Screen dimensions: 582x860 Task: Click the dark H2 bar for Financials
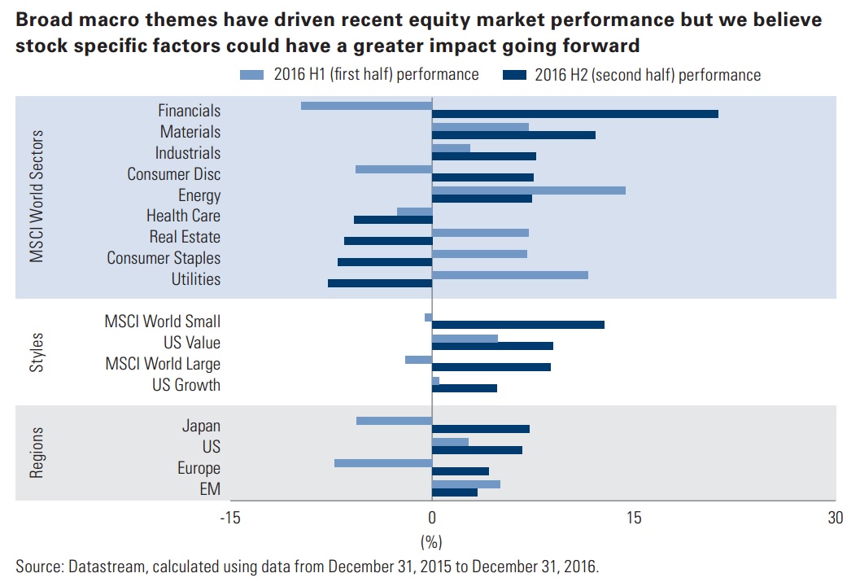pyautogui.click(x=574, y=114)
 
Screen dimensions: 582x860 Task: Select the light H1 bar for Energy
pyautogui.click(x=529, y=190)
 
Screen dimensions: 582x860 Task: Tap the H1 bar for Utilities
pyautogui.click(x=509, y=274)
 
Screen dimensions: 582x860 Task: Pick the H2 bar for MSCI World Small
pyautogui.click(x=517, y=325)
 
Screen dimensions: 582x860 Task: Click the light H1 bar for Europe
pyautogui.click(x=382, y=463)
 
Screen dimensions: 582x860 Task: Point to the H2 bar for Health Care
pyautogui.click(x=392, y=220)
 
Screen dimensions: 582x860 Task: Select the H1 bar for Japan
pyautogui.click(x=394, y=421)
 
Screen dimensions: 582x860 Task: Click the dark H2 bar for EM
pyautogui.click(x=454, y=492)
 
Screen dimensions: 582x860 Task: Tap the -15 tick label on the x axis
pyautogui.click(x=230, y=519)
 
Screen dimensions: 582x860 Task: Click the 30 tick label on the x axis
pyautogui.click(x=834, y=519)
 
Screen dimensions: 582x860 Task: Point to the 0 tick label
pyautogui.click(x=432, y=519)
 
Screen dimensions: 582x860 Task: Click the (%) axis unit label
pyautogui.click(x=431, y=540)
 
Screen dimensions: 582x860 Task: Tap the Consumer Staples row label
pyautogui.click(x=164, y=258)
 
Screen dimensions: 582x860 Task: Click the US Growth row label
pyautogui.click(x=186, y=385)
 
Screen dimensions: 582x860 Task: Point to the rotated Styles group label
pyautogui.click(x=37, y=352)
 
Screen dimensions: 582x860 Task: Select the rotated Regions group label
pyautogui.click(x=37, y=452)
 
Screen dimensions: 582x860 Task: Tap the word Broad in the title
pyautogui.click(x=41, y=19)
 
